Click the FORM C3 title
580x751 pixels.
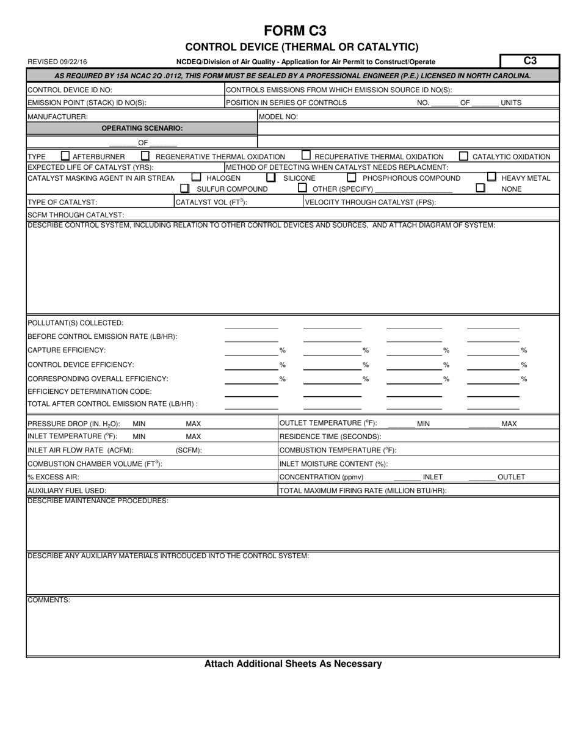click(x=295, y=31)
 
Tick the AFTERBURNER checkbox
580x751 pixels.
click(x=65, y=156)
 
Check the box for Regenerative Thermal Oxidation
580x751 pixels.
click(x=145, y=156)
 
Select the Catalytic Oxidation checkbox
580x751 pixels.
click(x=464, y=156)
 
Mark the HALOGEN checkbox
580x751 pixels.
click(x=196, y=178)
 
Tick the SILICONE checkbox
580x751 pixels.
click(x=271, y=178)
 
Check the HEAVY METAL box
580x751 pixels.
click(x=491, y=177)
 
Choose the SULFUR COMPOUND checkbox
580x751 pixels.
click(x=185, y=189)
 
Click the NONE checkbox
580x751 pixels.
click(x=480, y=189)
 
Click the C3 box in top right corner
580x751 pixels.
click(x=529, y=61)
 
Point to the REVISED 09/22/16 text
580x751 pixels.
click(x=57, y=62)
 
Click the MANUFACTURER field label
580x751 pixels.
click(x=57, y=116)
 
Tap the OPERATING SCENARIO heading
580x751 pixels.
click(x=142, y=128)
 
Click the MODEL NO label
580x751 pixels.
click(x=278, y=117)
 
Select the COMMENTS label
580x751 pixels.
click(x=49, y=600)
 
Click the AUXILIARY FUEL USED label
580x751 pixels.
click(x=67, y=490)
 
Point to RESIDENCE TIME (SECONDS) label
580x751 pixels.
click(x=330, y=437)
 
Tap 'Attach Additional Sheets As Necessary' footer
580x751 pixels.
click(x=293, y=664)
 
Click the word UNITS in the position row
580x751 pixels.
click(x=511, y=103)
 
